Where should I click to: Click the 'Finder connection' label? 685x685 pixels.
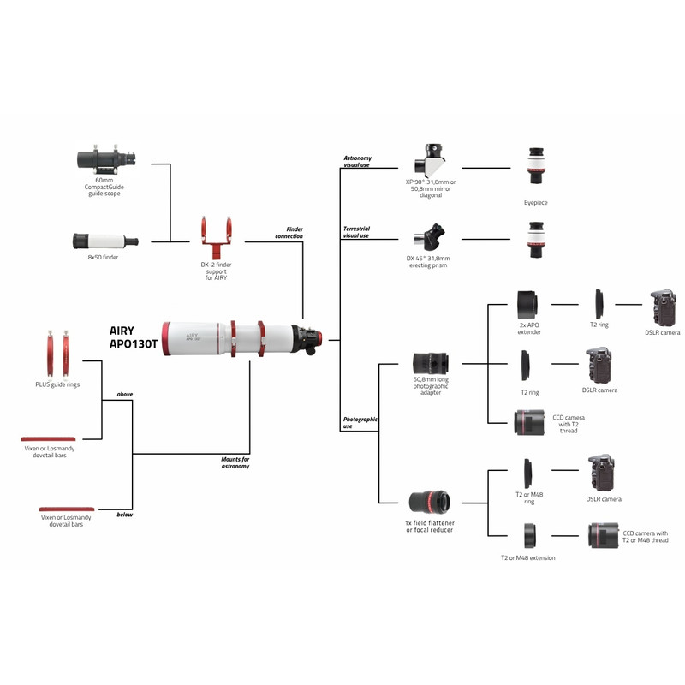pyautogui.click(x=289, y=233)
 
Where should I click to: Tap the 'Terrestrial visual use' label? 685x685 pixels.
pyautogui.click(x=356, y=232)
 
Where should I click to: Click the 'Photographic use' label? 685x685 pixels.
pyautogui.click(x=360, y=422)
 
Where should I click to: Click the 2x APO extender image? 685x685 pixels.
pyautogui.click(x=527, y=304)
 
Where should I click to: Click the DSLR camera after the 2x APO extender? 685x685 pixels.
pyautogui.click(x=663, y=307)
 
